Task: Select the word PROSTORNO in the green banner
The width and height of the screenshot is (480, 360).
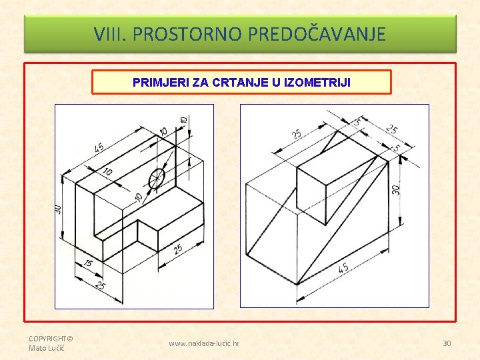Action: point(187,34)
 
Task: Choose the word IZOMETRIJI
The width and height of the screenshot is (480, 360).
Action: point(317,83)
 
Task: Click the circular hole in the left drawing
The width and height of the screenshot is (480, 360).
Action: point(157,178)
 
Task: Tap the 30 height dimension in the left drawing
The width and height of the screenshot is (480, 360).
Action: point(58,209)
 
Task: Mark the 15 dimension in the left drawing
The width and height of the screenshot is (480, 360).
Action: point(88,263)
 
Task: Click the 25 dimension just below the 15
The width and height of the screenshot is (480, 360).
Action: point(100,285)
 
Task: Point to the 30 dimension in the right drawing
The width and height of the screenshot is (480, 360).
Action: point(396,190)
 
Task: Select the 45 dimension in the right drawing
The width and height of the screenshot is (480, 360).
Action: point(343,268)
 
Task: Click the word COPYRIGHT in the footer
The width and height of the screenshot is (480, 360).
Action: point(47,339)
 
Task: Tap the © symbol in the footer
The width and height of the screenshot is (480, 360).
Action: point(70,339)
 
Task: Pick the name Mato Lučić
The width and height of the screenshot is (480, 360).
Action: point(47,348)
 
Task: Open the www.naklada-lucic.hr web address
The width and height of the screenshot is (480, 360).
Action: point(204,343)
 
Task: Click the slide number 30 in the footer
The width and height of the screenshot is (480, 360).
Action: point(447,343)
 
